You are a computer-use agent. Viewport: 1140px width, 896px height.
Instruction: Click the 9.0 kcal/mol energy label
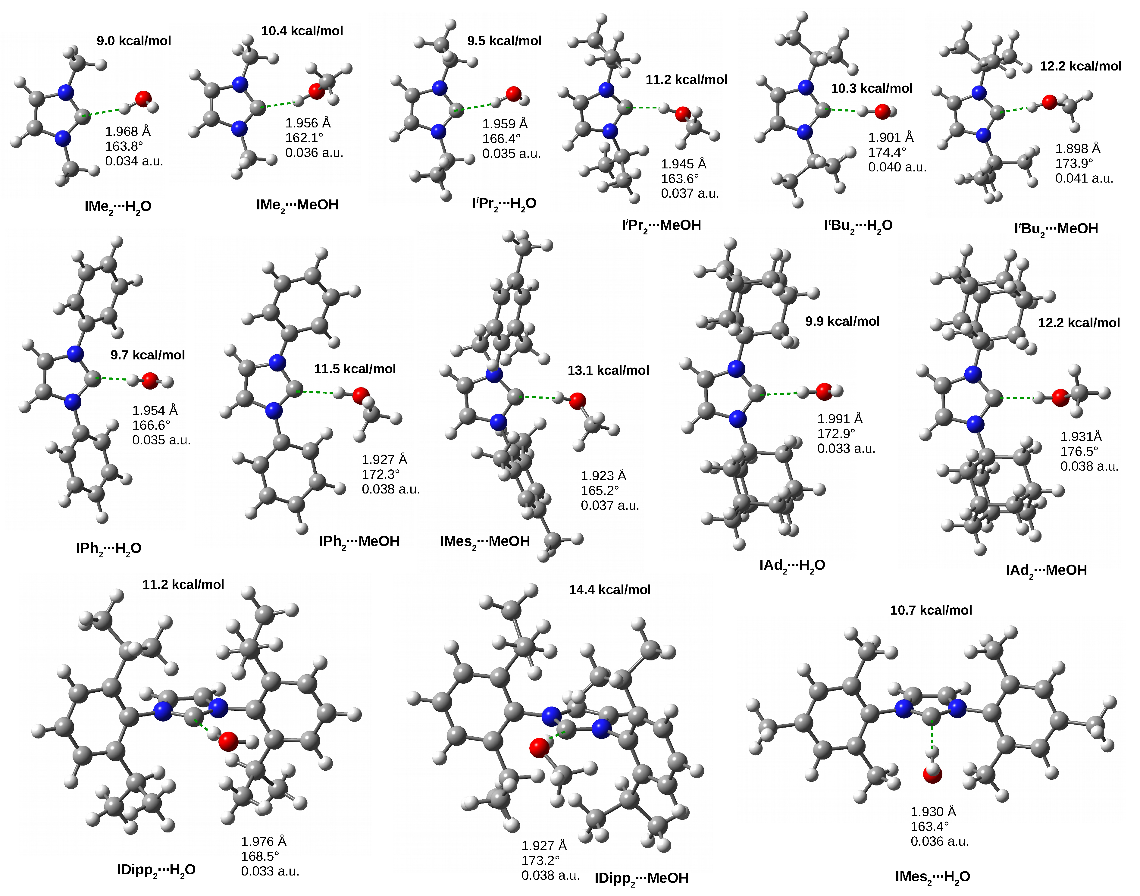134,41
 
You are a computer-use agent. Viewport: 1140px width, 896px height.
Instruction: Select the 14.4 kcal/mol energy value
609,590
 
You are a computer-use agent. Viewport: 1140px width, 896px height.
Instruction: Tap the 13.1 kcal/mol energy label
608,370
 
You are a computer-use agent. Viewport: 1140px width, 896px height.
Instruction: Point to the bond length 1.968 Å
127,131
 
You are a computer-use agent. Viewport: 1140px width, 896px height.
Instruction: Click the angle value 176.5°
1079,451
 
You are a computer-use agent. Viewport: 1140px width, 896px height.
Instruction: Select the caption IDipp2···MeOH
641,878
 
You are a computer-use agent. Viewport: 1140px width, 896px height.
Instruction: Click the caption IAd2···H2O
792,565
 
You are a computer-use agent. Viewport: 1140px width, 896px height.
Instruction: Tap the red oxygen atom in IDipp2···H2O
228,741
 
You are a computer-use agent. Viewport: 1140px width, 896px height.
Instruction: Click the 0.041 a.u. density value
1084,178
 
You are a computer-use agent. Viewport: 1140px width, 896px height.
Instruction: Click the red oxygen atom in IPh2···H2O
150,380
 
